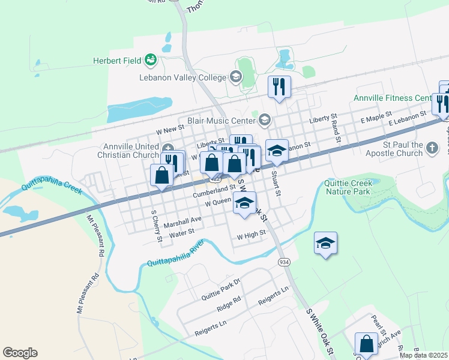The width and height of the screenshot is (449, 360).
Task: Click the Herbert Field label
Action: (x=116, y=61)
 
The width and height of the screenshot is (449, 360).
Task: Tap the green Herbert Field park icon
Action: (x=151, y=59)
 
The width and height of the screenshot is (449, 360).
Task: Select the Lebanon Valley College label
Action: (x=182, y=77)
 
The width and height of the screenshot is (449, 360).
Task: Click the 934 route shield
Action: (x=284, y=262)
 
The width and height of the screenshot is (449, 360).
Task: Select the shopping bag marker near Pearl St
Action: (x=366, y=344)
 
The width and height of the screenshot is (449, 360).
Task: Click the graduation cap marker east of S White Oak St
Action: (x=325, y=243)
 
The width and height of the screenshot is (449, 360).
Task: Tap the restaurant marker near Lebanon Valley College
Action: (x=279, y=86)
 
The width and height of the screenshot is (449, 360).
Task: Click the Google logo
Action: (x=20, y=353)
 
